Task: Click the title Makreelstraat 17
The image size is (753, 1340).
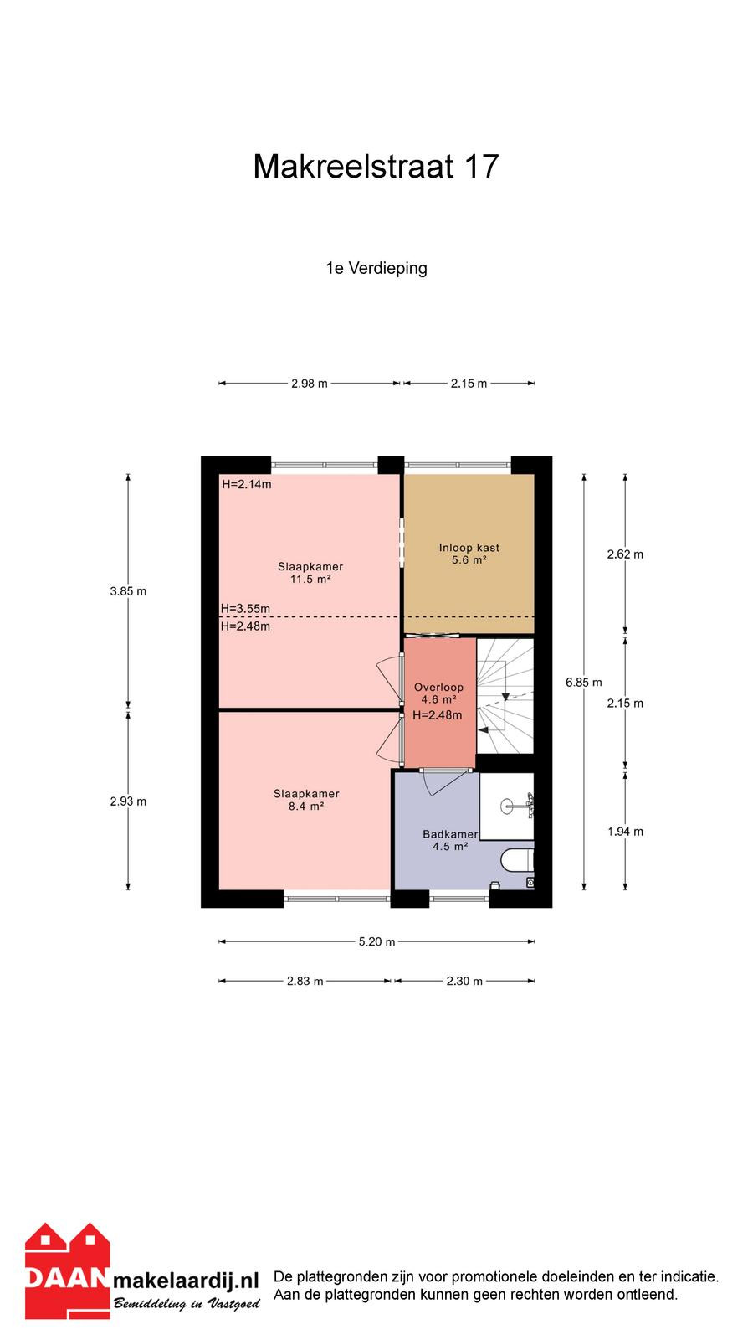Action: [x=376, y=167]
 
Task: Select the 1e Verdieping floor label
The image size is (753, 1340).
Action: [x=376, y=268]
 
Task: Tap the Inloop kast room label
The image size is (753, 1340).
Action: [x=469, y=548]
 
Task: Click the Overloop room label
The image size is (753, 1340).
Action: [x=438, y=688]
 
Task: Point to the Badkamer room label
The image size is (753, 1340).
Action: [x=450, y=834]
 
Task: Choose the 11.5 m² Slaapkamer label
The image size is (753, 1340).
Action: [x=310, y=573]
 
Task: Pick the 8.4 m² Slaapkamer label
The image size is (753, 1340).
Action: [x=306, y=800]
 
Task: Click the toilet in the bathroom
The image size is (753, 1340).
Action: [x=517, y=862]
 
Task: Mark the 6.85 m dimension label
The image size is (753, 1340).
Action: [x=584, y=682]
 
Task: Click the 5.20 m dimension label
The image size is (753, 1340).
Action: [x=376, y=941]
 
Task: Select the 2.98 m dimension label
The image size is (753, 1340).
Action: [x=310, y=384]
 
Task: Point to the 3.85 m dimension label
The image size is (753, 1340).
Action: [x=128, y=591]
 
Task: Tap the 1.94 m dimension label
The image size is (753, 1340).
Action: [x=625, y=832]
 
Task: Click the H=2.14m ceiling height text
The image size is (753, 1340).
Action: [x=246, y=484]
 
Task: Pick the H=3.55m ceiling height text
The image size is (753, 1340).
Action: [x=245, y=608]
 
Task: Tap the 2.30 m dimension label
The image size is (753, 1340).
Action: [x=464, y=981]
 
